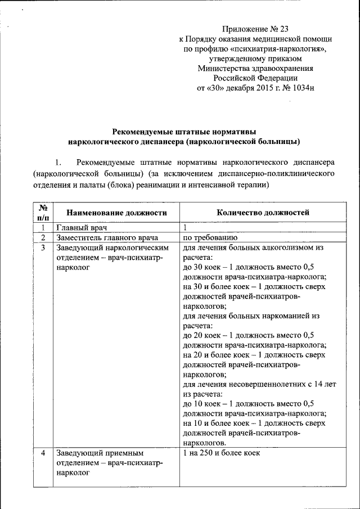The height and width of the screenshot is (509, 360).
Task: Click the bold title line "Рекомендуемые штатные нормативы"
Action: coord(183,130)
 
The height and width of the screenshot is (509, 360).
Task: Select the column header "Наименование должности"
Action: coord(117,213)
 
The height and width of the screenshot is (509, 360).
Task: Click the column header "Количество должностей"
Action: coord(263,213)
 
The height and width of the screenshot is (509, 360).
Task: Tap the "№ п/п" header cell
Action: coord(43,213)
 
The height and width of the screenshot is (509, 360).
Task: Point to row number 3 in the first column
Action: coord(43,247)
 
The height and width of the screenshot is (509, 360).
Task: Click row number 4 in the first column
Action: coord(43,453)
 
